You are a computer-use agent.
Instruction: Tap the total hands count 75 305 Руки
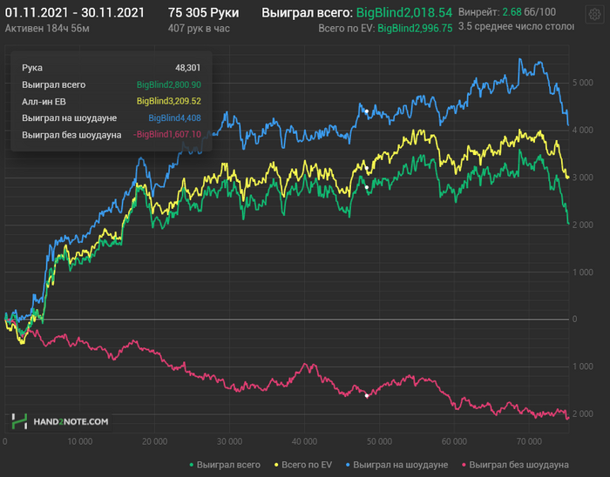click(203, 13)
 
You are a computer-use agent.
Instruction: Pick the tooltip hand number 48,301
click(187, 67)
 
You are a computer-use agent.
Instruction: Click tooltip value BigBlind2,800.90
click(169, 84)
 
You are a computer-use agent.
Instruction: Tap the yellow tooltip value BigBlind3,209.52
click(169, 101)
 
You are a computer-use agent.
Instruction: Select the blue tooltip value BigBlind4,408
click(174, 118)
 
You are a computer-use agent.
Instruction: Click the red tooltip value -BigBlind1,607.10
click(167, 134)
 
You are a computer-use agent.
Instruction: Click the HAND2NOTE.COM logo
click(61, 421)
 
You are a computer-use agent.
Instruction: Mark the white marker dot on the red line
click(367, 396)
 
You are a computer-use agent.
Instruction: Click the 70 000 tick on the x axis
click(529, 441)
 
